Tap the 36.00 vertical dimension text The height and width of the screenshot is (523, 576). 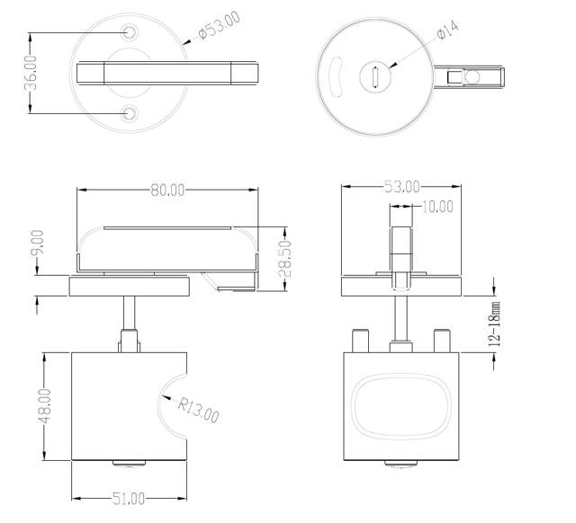pos(31,73)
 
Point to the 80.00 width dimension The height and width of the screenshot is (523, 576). pos(167,190)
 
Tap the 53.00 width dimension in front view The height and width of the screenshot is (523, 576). pos(401,187)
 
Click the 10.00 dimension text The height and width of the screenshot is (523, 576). pos(437,207)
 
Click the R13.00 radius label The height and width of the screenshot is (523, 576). pos(198,409)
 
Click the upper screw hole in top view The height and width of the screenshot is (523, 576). pos(131,32)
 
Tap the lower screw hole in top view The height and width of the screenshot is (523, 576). pos(131,113)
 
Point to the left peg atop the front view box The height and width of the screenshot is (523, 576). pos(362,341)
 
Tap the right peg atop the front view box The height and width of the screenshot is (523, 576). pos(441,341)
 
